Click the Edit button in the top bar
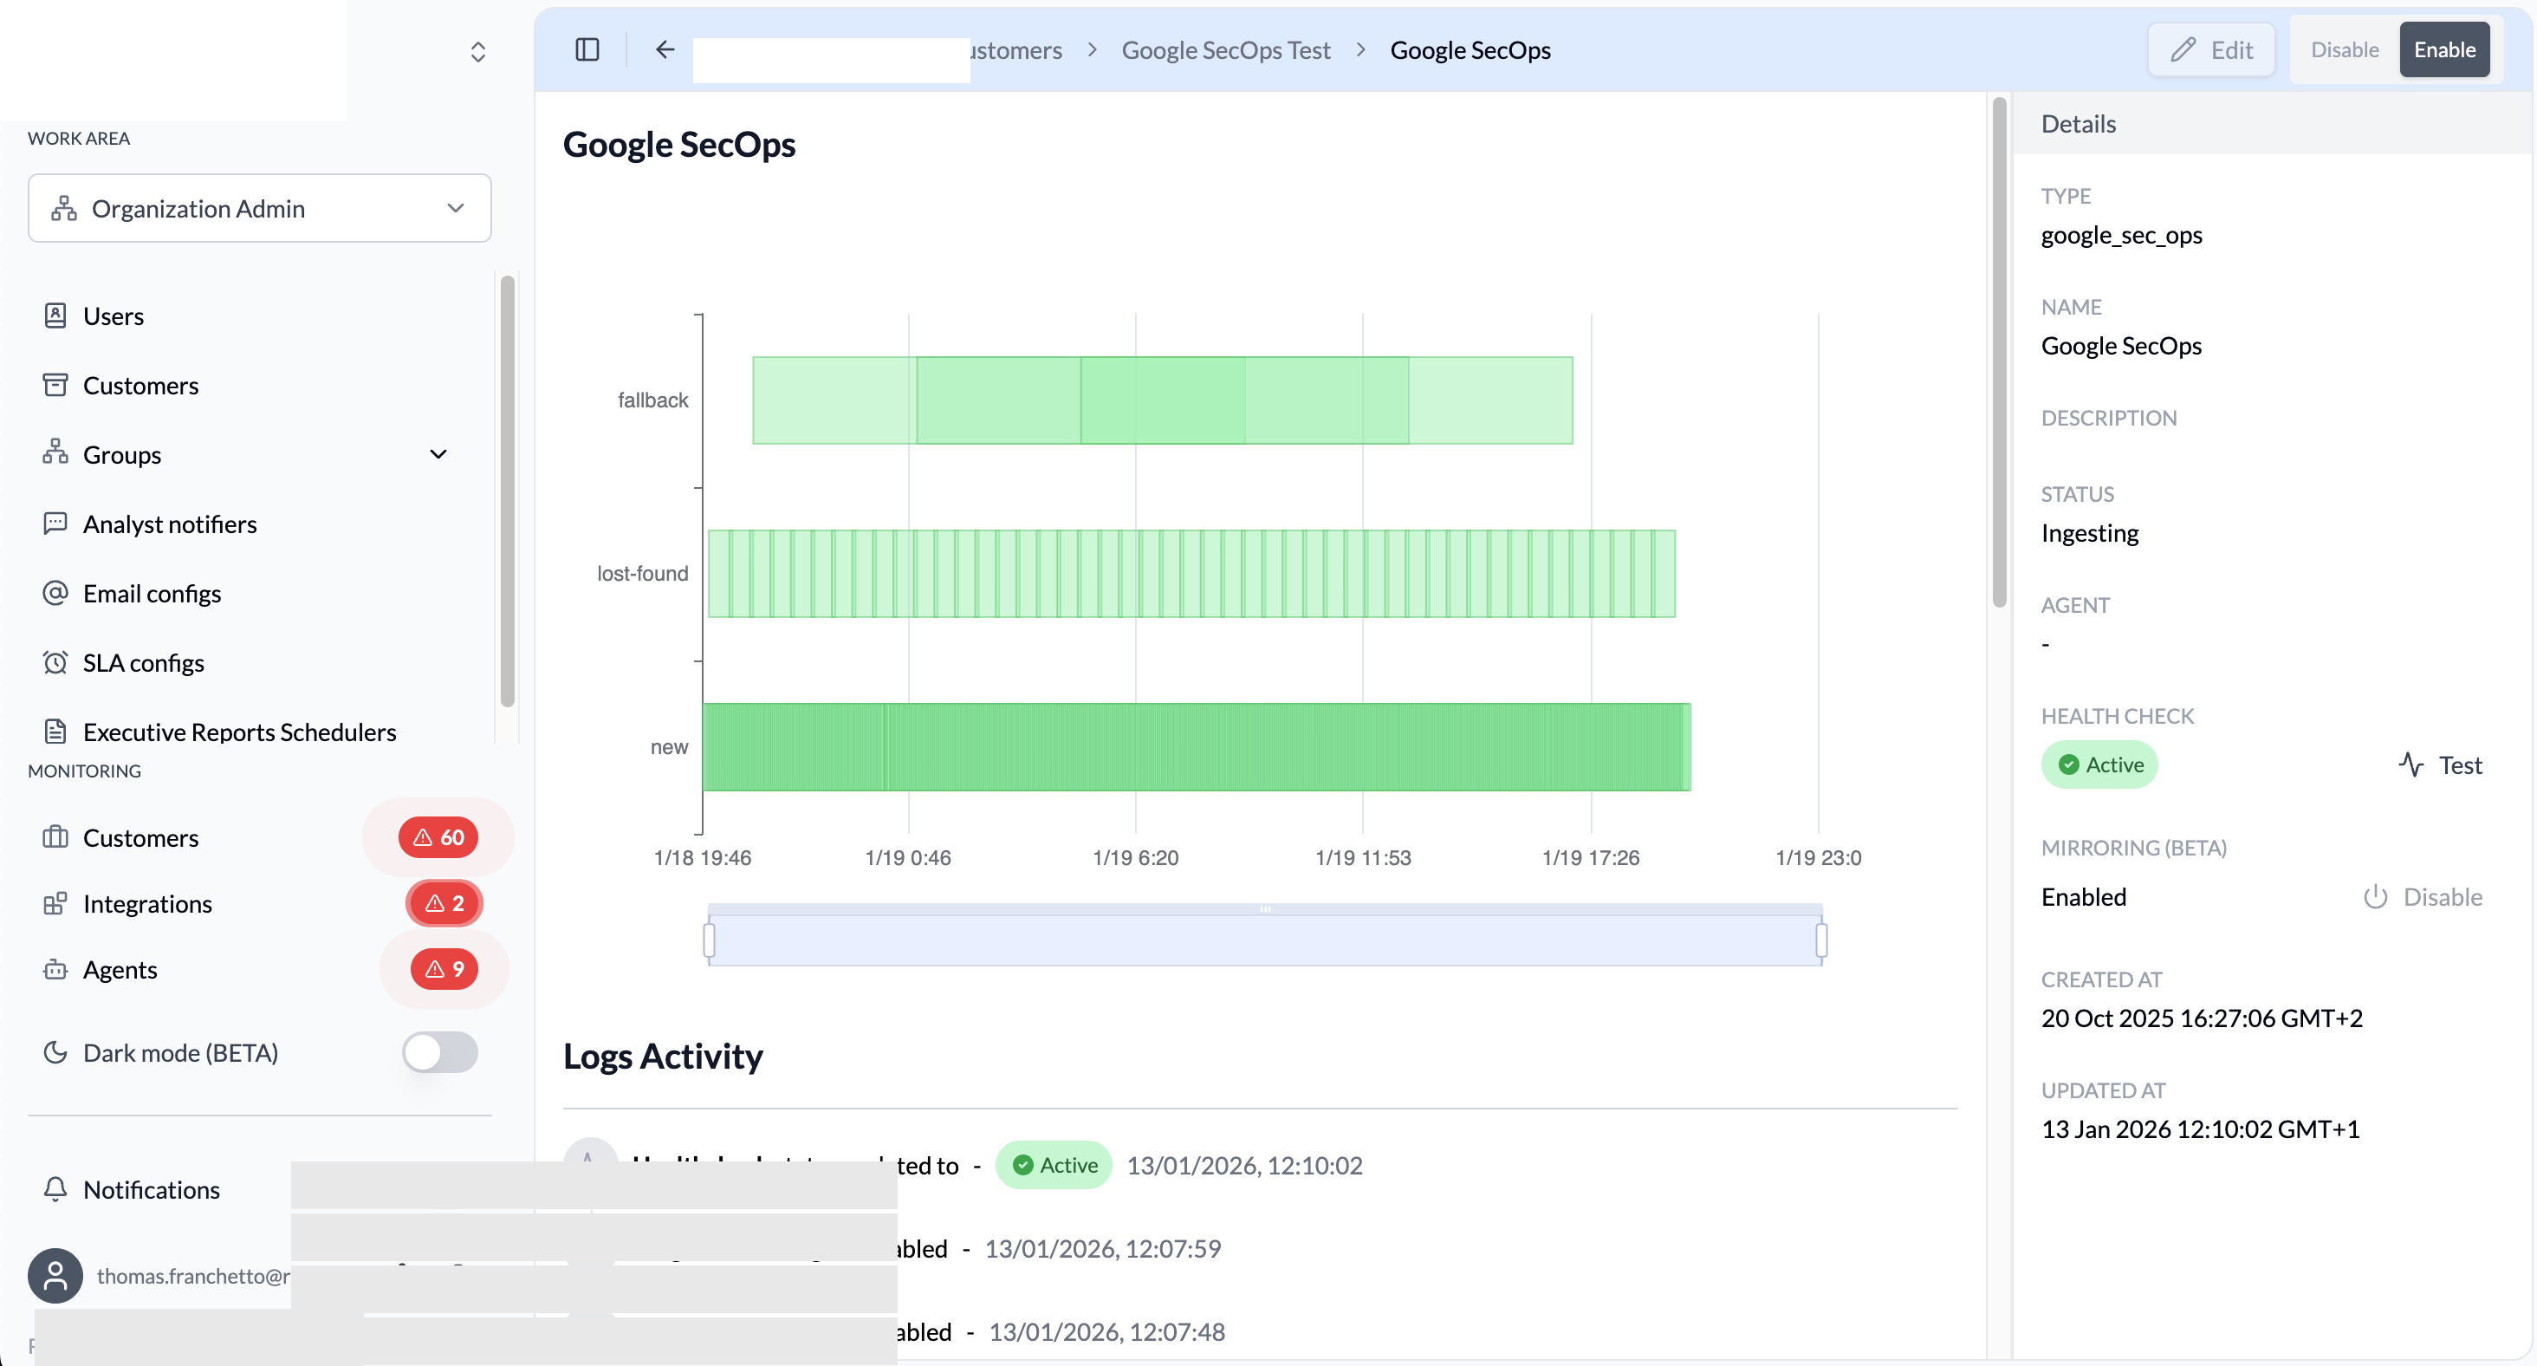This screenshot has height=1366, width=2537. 2211,50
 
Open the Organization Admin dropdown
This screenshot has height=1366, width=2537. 259,209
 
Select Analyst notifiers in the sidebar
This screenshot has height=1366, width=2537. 170,524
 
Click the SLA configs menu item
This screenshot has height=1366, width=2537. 143,663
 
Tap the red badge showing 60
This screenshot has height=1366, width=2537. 438,837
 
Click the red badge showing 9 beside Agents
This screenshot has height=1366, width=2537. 444,969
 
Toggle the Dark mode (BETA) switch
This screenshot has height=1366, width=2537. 439,1053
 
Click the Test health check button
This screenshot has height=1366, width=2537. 2441,765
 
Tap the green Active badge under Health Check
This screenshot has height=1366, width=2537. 2099,765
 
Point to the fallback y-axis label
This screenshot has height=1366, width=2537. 653,400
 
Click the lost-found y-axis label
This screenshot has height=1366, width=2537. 642,574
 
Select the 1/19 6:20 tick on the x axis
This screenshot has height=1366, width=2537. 1136,858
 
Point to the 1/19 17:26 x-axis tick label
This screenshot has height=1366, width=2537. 1591,858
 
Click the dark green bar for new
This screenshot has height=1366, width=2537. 1196,747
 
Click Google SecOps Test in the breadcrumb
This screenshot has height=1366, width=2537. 1225,50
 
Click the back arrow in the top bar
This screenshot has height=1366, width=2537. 665,50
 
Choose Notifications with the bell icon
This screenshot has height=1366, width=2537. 151,1190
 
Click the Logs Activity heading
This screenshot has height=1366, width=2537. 663,1057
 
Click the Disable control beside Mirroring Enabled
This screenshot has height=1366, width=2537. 2423,897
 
